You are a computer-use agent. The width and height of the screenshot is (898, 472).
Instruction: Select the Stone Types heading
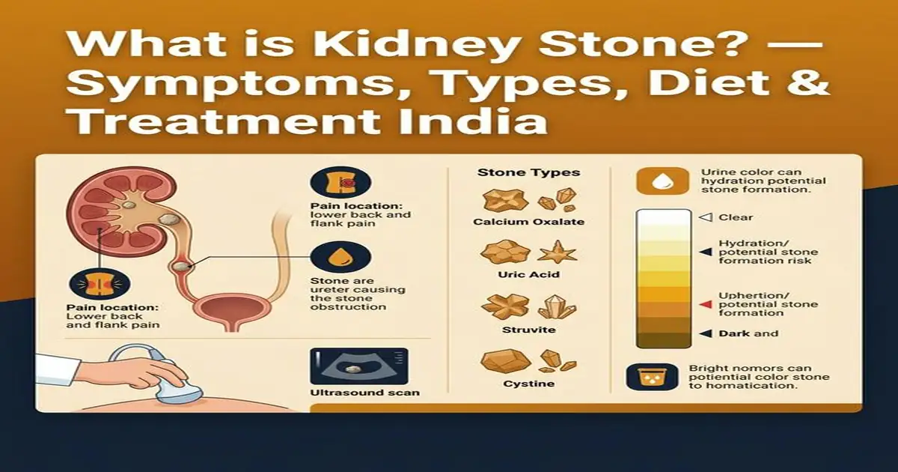tap(528, 173)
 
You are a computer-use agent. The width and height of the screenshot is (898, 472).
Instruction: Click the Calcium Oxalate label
tap(528, 222)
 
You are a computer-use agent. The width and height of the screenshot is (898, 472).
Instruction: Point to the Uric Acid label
tap(528, 275)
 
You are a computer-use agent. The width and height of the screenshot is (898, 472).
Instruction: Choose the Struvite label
tap(528, 329)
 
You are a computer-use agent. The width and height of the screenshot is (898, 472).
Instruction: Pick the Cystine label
tap(528, 384)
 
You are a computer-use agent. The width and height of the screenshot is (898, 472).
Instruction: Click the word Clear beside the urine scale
tap(735, 217)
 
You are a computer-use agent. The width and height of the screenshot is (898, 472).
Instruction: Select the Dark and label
tap(748, 333)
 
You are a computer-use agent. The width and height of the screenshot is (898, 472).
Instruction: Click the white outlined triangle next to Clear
tap(704, 217)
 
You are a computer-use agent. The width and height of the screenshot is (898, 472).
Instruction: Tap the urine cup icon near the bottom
tap(647, 377)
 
